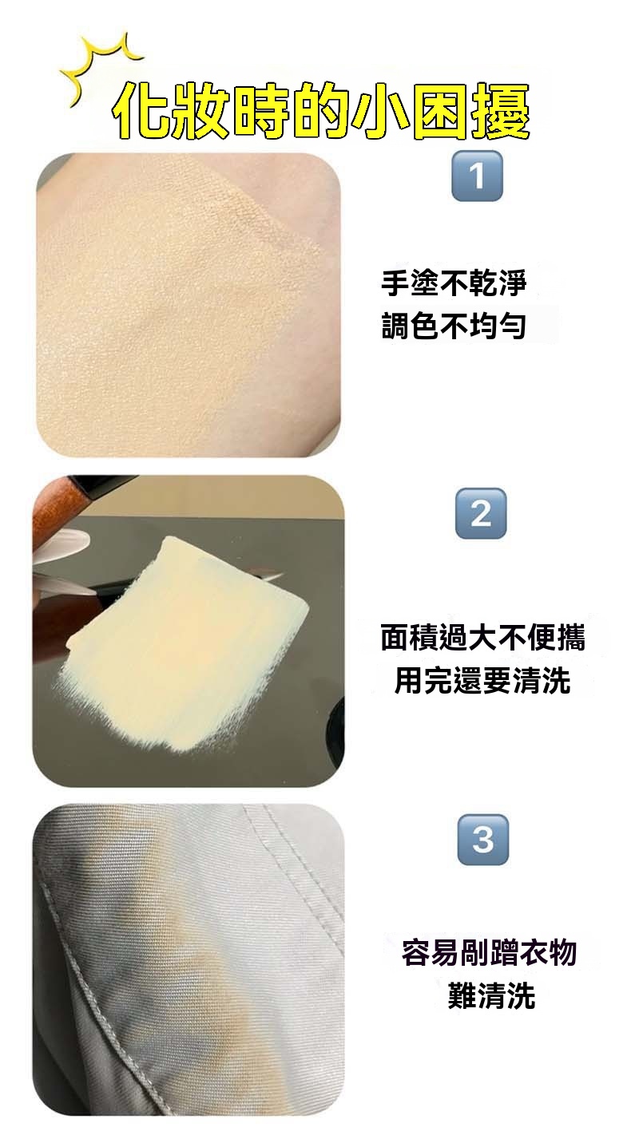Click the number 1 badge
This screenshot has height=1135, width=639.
tap(477, 176)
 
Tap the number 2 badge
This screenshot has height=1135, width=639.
tap(481, 513)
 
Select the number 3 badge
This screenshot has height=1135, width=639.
tap(483, 840)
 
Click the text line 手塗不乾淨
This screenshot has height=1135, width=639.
tap(454, 283)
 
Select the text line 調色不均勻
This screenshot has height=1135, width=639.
tap(454, 326)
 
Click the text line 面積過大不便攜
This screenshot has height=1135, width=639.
tap(482, 637)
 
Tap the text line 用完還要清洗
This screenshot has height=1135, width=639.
tap(482, 680)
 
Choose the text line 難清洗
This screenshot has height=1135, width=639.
tap(491, 995)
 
